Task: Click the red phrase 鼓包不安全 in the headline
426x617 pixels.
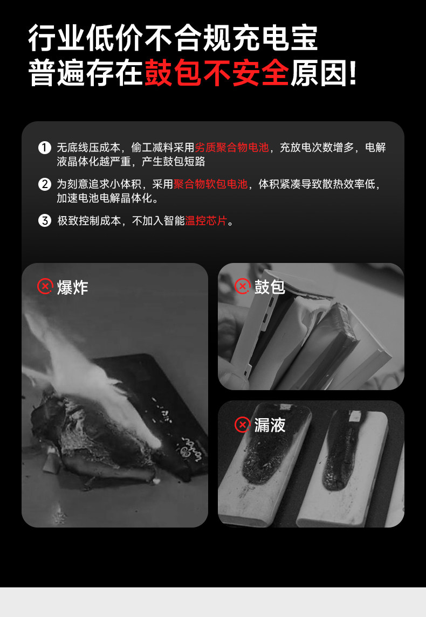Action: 217,73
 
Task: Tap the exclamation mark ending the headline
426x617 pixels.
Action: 353,73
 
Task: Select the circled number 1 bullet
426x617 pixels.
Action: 45,148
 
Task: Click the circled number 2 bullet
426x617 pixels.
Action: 45,184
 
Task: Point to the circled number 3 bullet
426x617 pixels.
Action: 45,221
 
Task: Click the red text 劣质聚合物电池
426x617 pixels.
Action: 232,148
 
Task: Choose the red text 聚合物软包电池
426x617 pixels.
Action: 211,184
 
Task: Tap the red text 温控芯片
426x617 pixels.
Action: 206,221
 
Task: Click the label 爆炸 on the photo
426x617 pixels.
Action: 72,287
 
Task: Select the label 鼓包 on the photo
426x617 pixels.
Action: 269,287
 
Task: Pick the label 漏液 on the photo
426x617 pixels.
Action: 270,425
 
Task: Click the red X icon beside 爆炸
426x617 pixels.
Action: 45,286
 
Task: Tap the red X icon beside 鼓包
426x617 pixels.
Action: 243,286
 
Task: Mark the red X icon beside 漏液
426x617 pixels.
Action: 243,425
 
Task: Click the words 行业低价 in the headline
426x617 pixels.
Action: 85,38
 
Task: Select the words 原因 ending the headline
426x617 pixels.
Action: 319,73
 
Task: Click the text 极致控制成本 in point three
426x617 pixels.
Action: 89,221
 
